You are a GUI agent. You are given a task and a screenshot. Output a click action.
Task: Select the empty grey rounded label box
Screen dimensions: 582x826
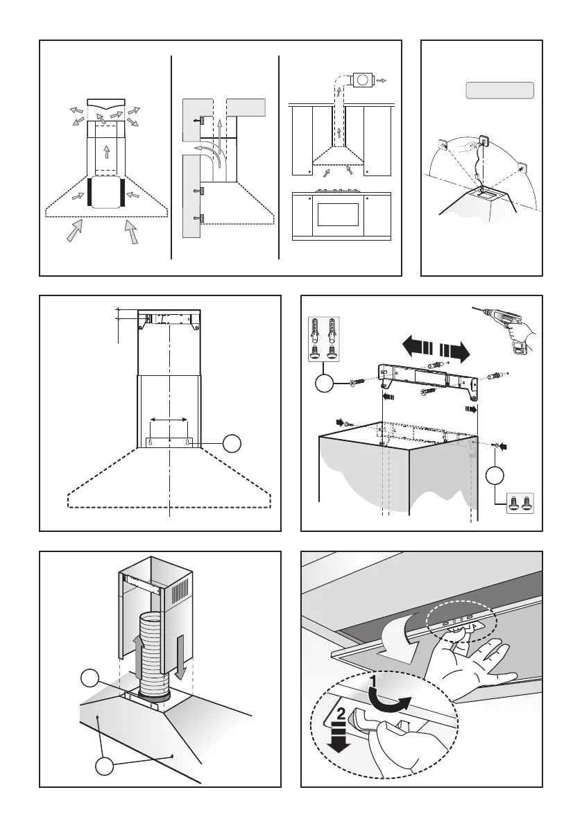coord(500,90)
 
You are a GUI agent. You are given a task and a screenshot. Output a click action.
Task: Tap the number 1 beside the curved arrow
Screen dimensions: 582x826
coord(373,681)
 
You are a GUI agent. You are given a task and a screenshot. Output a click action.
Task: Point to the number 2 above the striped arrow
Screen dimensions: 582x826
coord(341,714)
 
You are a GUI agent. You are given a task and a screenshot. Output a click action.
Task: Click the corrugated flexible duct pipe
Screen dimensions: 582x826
coord(154,655)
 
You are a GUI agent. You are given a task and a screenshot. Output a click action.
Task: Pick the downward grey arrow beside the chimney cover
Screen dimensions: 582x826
coord(180,657)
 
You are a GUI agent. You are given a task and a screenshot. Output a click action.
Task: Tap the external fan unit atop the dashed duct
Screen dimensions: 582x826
coord(361,80)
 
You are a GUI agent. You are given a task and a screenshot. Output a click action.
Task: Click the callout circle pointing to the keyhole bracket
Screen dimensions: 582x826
coord(232,444)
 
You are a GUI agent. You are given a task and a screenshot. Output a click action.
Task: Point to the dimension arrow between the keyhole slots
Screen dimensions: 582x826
coord(169,420)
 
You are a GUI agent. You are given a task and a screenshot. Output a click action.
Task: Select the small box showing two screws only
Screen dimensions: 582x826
coord(520,504)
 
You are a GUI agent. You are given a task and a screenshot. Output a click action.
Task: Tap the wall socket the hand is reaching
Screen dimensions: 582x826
coord(483,142)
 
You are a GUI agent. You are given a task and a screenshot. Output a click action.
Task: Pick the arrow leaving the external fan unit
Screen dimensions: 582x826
coord(381,80)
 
